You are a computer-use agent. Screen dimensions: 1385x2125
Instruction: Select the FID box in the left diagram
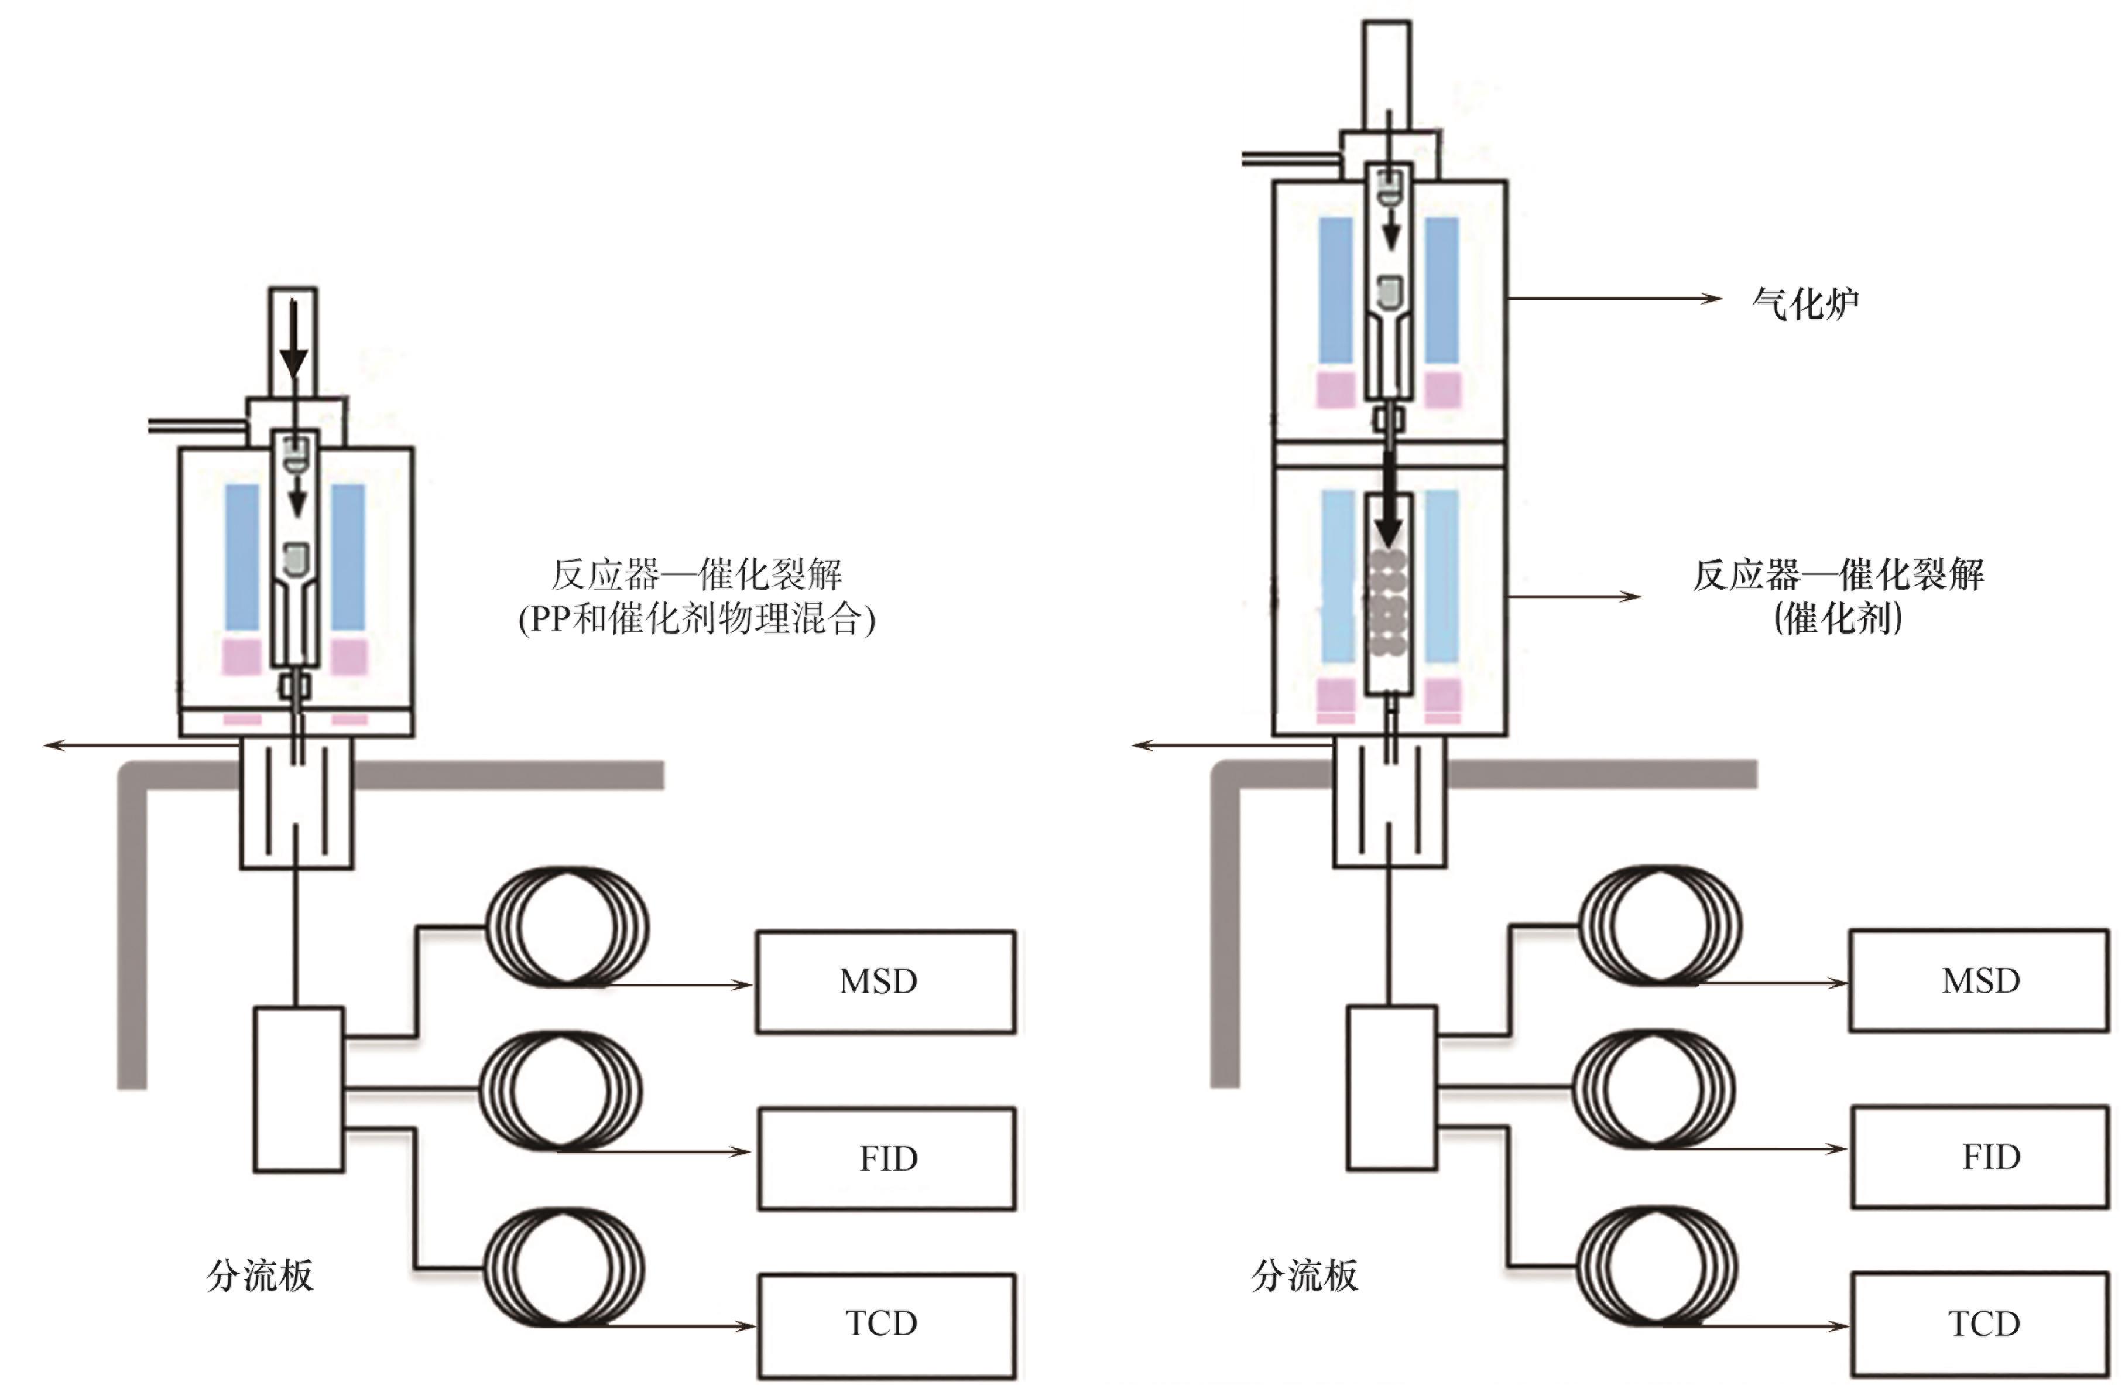pyautogui.click(x=887, y=1158)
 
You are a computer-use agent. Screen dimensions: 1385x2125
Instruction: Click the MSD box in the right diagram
pyautogui.click(x=1979, y=980)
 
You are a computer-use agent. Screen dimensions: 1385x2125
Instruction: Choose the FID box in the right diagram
pyautogui.click(x=1980, y=1157)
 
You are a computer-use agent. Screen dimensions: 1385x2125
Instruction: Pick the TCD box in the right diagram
pyautogui.click(x=1980, y=1324)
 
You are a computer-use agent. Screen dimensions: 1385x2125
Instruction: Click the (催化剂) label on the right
pyautogui.click(x=1838, y=618)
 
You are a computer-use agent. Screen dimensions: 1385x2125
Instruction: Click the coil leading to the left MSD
pyautogui.click(x=568, y=925)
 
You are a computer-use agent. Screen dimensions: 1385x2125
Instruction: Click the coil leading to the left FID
pyautogui.click(x=561, y=1090)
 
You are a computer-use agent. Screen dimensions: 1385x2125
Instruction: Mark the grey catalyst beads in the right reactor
pyautogui.click(x=1389, y=603)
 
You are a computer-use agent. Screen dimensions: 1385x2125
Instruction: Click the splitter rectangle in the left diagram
pyautogui.click(x=298, y=1089)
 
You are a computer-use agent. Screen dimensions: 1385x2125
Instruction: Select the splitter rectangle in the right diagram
pyautogui.click(x=1391, y=1088)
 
